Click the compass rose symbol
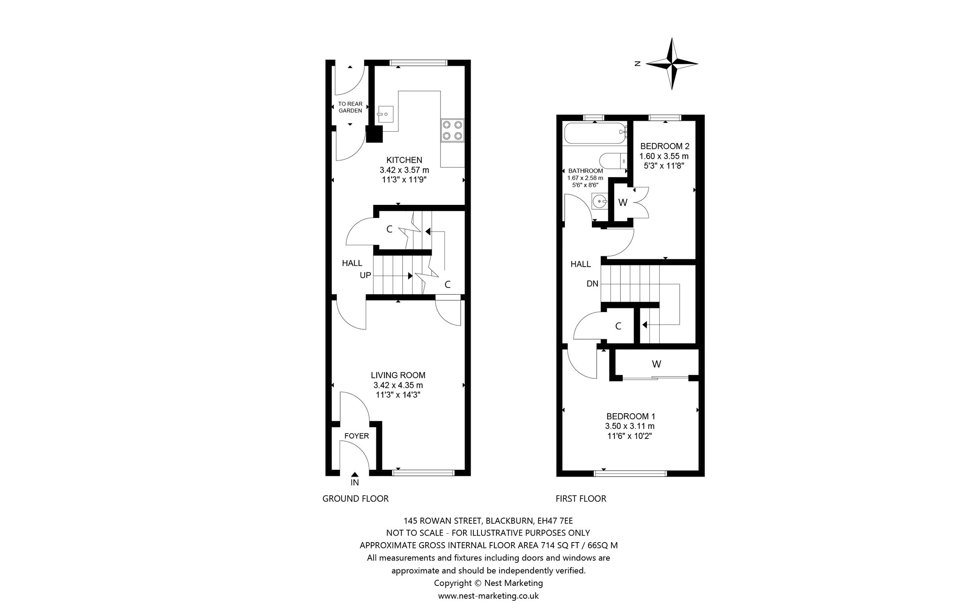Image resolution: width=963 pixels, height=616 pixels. coord(671,63)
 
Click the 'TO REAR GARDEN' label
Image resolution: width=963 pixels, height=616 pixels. coord(350,107)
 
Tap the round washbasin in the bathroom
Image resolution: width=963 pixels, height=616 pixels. coord(599,201)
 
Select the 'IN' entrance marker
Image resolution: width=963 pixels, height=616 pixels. coord(355,482)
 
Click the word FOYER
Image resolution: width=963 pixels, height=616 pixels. coord(356,436)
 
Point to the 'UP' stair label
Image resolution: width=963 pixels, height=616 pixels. coord(365,275)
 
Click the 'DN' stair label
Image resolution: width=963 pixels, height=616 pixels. coord(592,284)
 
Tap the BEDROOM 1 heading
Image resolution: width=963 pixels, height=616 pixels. coord(630,416)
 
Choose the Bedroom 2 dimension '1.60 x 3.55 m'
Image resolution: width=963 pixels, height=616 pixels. coord(664,156)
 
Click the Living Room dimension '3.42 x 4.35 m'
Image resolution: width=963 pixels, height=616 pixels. coord(398,385)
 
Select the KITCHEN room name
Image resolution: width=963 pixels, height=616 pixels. coord(404,160)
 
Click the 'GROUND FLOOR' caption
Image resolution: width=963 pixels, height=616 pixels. coord(356,499)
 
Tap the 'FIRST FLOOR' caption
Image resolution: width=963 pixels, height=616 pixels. coord(581,499)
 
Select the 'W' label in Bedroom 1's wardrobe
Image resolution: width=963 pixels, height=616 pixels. coord(656,364)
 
